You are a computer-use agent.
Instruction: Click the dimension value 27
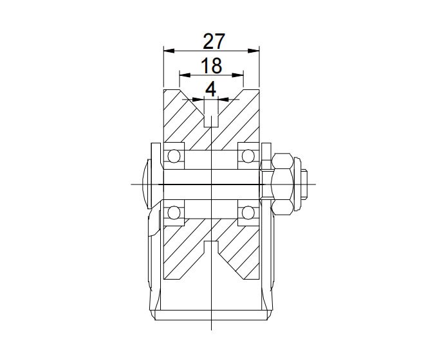(x=214, y=41)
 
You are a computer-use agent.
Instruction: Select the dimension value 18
(x=211, y=66)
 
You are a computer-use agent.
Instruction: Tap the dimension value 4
(x=210, y=89)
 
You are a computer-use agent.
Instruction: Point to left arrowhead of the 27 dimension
(x=167, y=50)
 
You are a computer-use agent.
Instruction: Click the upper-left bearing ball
(x=173, y=156)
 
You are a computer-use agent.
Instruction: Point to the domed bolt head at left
(x=145, y=184)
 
